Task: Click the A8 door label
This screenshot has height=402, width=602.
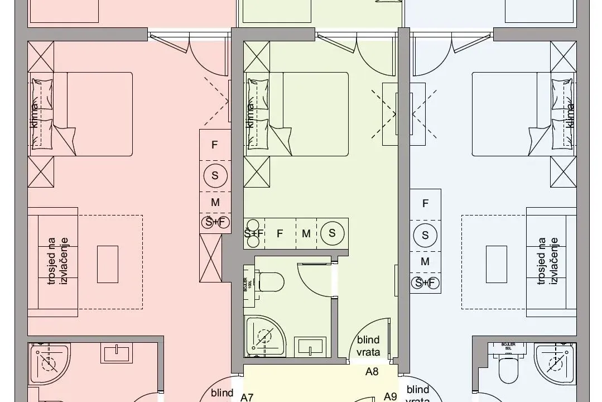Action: click(373, 371)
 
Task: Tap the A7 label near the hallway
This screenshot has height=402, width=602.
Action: click(247, 398)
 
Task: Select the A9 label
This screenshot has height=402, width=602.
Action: click(391, 396)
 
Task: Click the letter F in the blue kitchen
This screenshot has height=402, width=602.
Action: click(425, 204)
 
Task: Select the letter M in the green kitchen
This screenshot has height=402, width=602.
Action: click(306, 234)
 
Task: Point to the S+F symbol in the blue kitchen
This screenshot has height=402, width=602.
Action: click(425, 283)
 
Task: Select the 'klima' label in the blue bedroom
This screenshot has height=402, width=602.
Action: click(570, 114)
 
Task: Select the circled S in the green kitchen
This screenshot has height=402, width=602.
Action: click(332, 233)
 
